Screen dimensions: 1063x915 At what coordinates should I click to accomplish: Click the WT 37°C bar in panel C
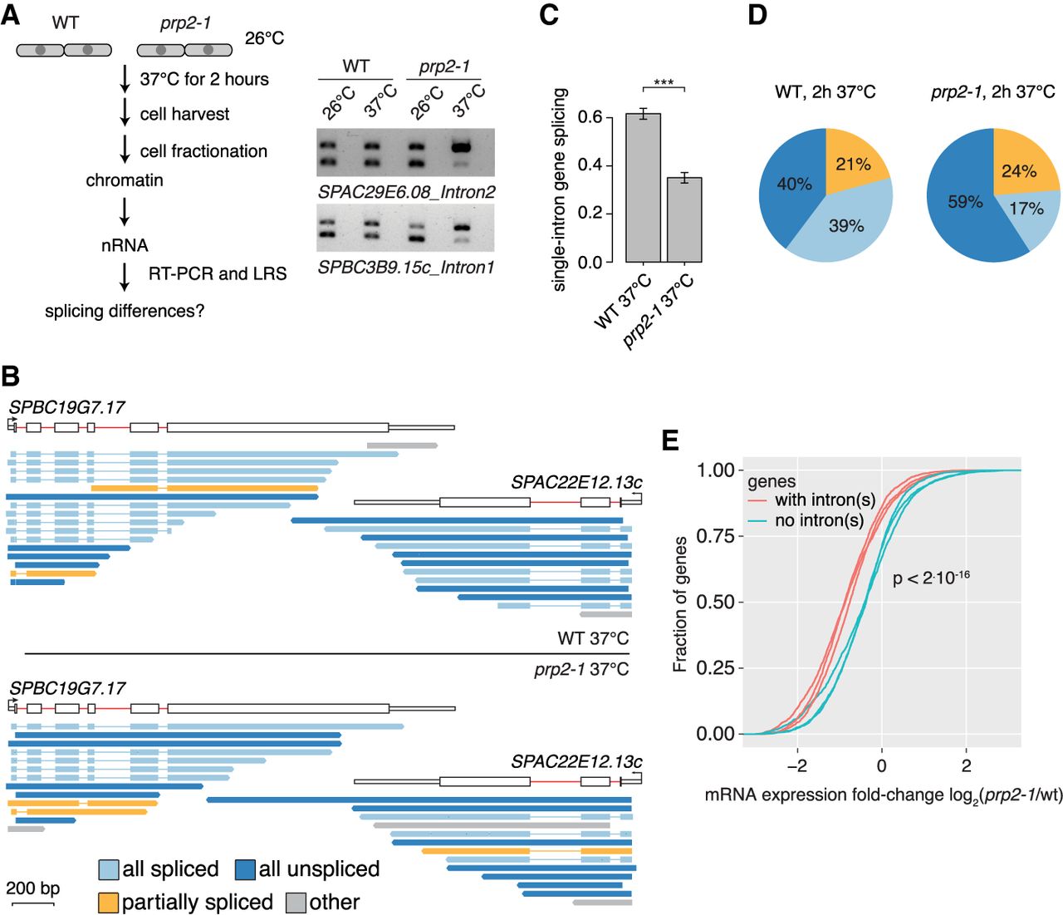point(643,188)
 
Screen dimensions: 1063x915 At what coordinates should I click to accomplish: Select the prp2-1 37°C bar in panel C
point(684,219)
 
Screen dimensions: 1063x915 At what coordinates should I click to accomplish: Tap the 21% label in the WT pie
point(853,165)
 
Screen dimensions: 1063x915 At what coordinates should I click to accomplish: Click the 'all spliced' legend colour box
point(109,869)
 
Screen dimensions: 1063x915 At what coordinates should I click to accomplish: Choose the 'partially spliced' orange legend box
point(109,903)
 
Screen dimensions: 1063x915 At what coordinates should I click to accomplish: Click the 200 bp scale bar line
point(33,903)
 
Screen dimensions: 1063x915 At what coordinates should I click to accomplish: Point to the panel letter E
point(671,440)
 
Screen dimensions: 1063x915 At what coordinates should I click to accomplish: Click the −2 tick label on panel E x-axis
point(797,765)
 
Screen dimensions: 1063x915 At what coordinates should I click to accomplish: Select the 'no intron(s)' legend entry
point(806,520)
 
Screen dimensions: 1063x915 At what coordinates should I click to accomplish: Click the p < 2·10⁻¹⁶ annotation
point(931,578)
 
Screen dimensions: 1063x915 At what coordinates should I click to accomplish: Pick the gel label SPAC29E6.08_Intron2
point(406,193)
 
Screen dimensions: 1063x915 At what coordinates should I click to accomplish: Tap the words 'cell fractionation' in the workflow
point(203,151)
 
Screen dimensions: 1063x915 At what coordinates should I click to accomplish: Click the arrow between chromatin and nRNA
point(125,211)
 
